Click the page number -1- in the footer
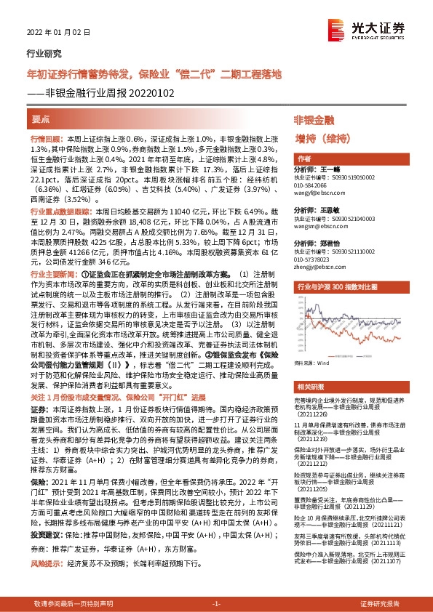pyautogui.click(x=215, y=604)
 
